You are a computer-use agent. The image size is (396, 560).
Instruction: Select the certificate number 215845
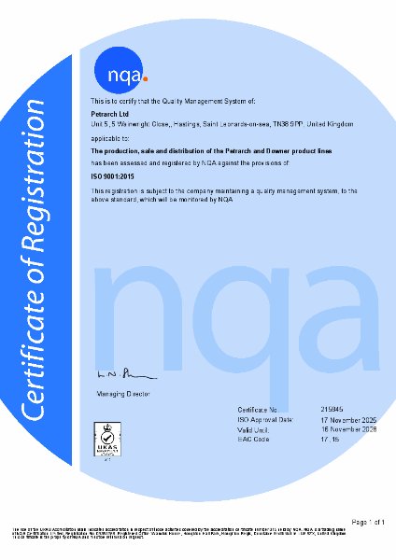tap(331, 410)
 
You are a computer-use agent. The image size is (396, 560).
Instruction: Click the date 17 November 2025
tap(346, 420)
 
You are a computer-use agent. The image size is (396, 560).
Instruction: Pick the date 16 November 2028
tap(346, 429)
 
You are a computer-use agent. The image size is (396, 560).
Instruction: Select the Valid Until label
tap(257, 429)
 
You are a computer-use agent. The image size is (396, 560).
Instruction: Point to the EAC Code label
tap(255, 440)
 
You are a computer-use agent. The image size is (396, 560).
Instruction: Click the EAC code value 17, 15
tap(328, 440)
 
